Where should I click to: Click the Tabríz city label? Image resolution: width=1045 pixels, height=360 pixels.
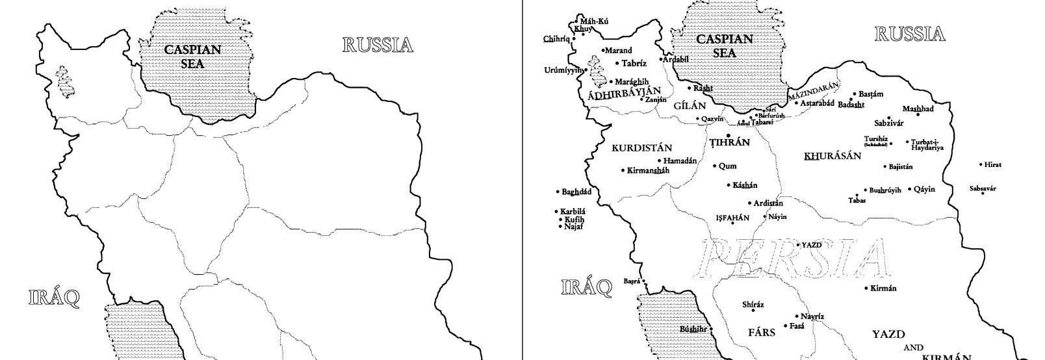click(x=634, y=64)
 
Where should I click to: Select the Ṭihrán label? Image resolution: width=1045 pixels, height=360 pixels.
click(x=730, y=143)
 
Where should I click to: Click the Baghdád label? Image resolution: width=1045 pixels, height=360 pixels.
click(x=576, y=192)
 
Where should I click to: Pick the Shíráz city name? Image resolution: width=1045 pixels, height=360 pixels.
click(x=753, y=304)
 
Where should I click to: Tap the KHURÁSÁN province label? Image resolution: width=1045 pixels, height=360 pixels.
click(x=832, y=156)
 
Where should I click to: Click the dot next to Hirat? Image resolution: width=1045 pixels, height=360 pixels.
click(x=981, y=164)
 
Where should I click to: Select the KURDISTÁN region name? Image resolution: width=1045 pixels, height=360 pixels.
click(x=641, y=148)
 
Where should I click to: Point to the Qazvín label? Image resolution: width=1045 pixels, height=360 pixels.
click(x=712, y=119)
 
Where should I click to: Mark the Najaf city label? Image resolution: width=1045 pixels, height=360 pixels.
click(x=573, y=227)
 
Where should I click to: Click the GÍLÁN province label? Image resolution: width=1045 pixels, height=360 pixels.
click(x=690, y=105)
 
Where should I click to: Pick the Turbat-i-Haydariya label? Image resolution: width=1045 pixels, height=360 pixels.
click(x=927, y=145)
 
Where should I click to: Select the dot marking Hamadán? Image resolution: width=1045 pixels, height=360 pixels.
click(x=660, y=161)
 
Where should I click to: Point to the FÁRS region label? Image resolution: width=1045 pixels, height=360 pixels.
click(x=762, y=333)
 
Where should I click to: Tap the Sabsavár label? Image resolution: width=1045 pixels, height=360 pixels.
click(x=982, y=189)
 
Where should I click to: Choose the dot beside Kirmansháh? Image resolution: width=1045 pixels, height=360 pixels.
click(x=623, y=171)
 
